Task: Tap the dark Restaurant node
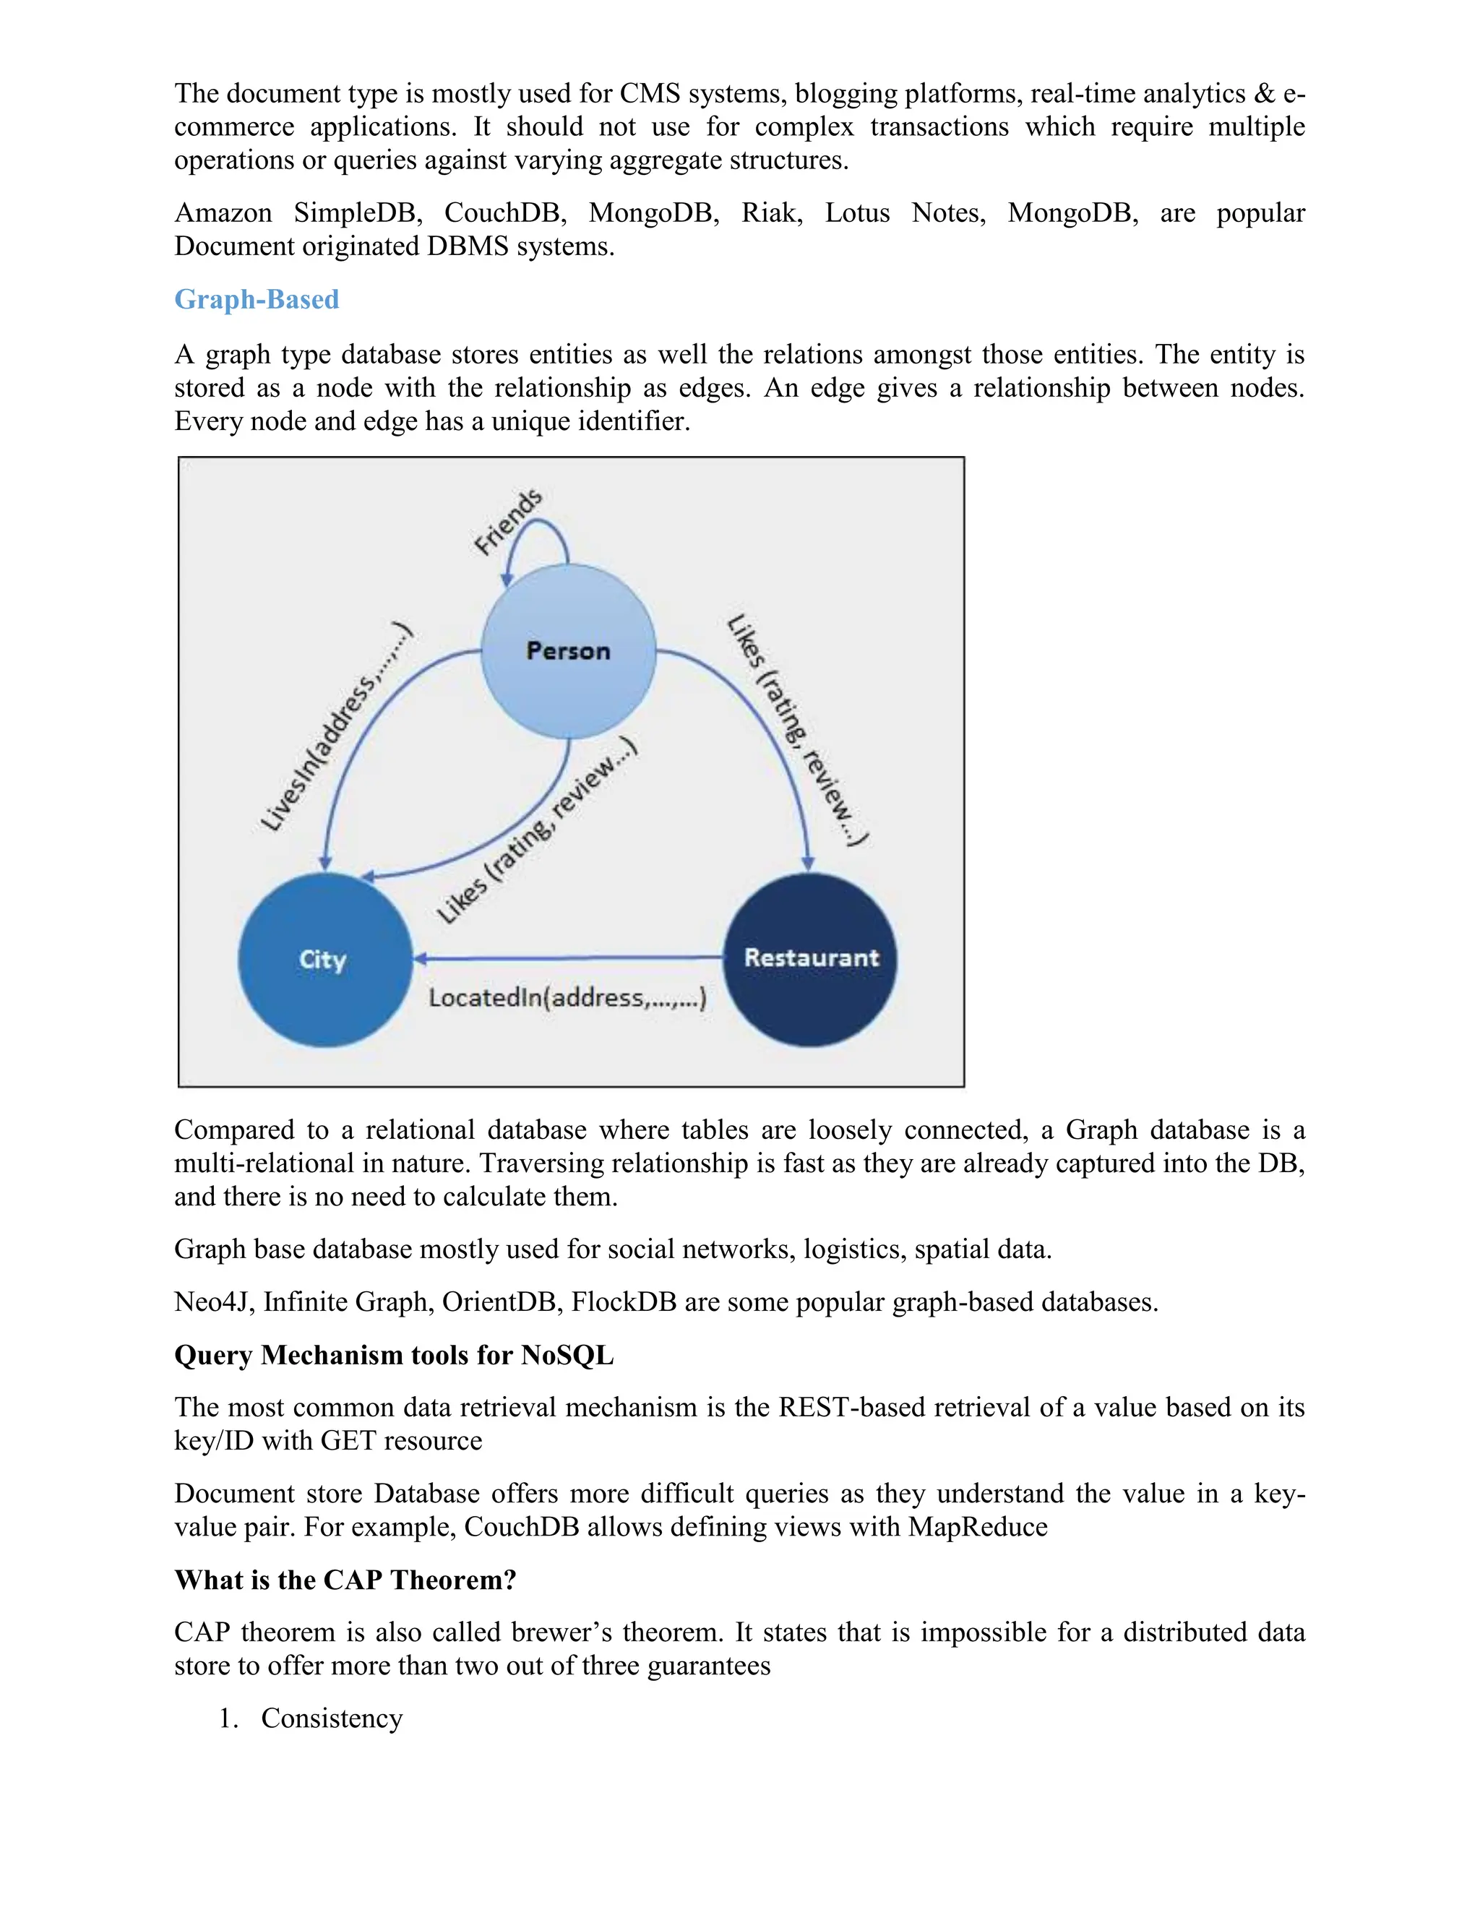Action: (x=810, y=958)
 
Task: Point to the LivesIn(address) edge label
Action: (x=337, y=728)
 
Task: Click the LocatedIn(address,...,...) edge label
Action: (x=567, y=998)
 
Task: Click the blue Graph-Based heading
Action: (x=256, y=300)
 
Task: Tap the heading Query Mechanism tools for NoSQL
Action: (x=394, y=1356)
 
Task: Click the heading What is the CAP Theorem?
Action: (x=345, y=1580)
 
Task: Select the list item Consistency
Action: (x=332, y=1718)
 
